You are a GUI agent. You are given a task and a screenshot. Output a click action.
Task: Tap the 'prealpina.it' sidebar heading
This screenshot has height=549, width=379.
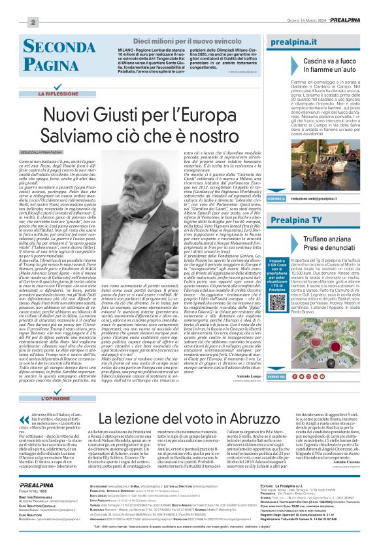[303, 41]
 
